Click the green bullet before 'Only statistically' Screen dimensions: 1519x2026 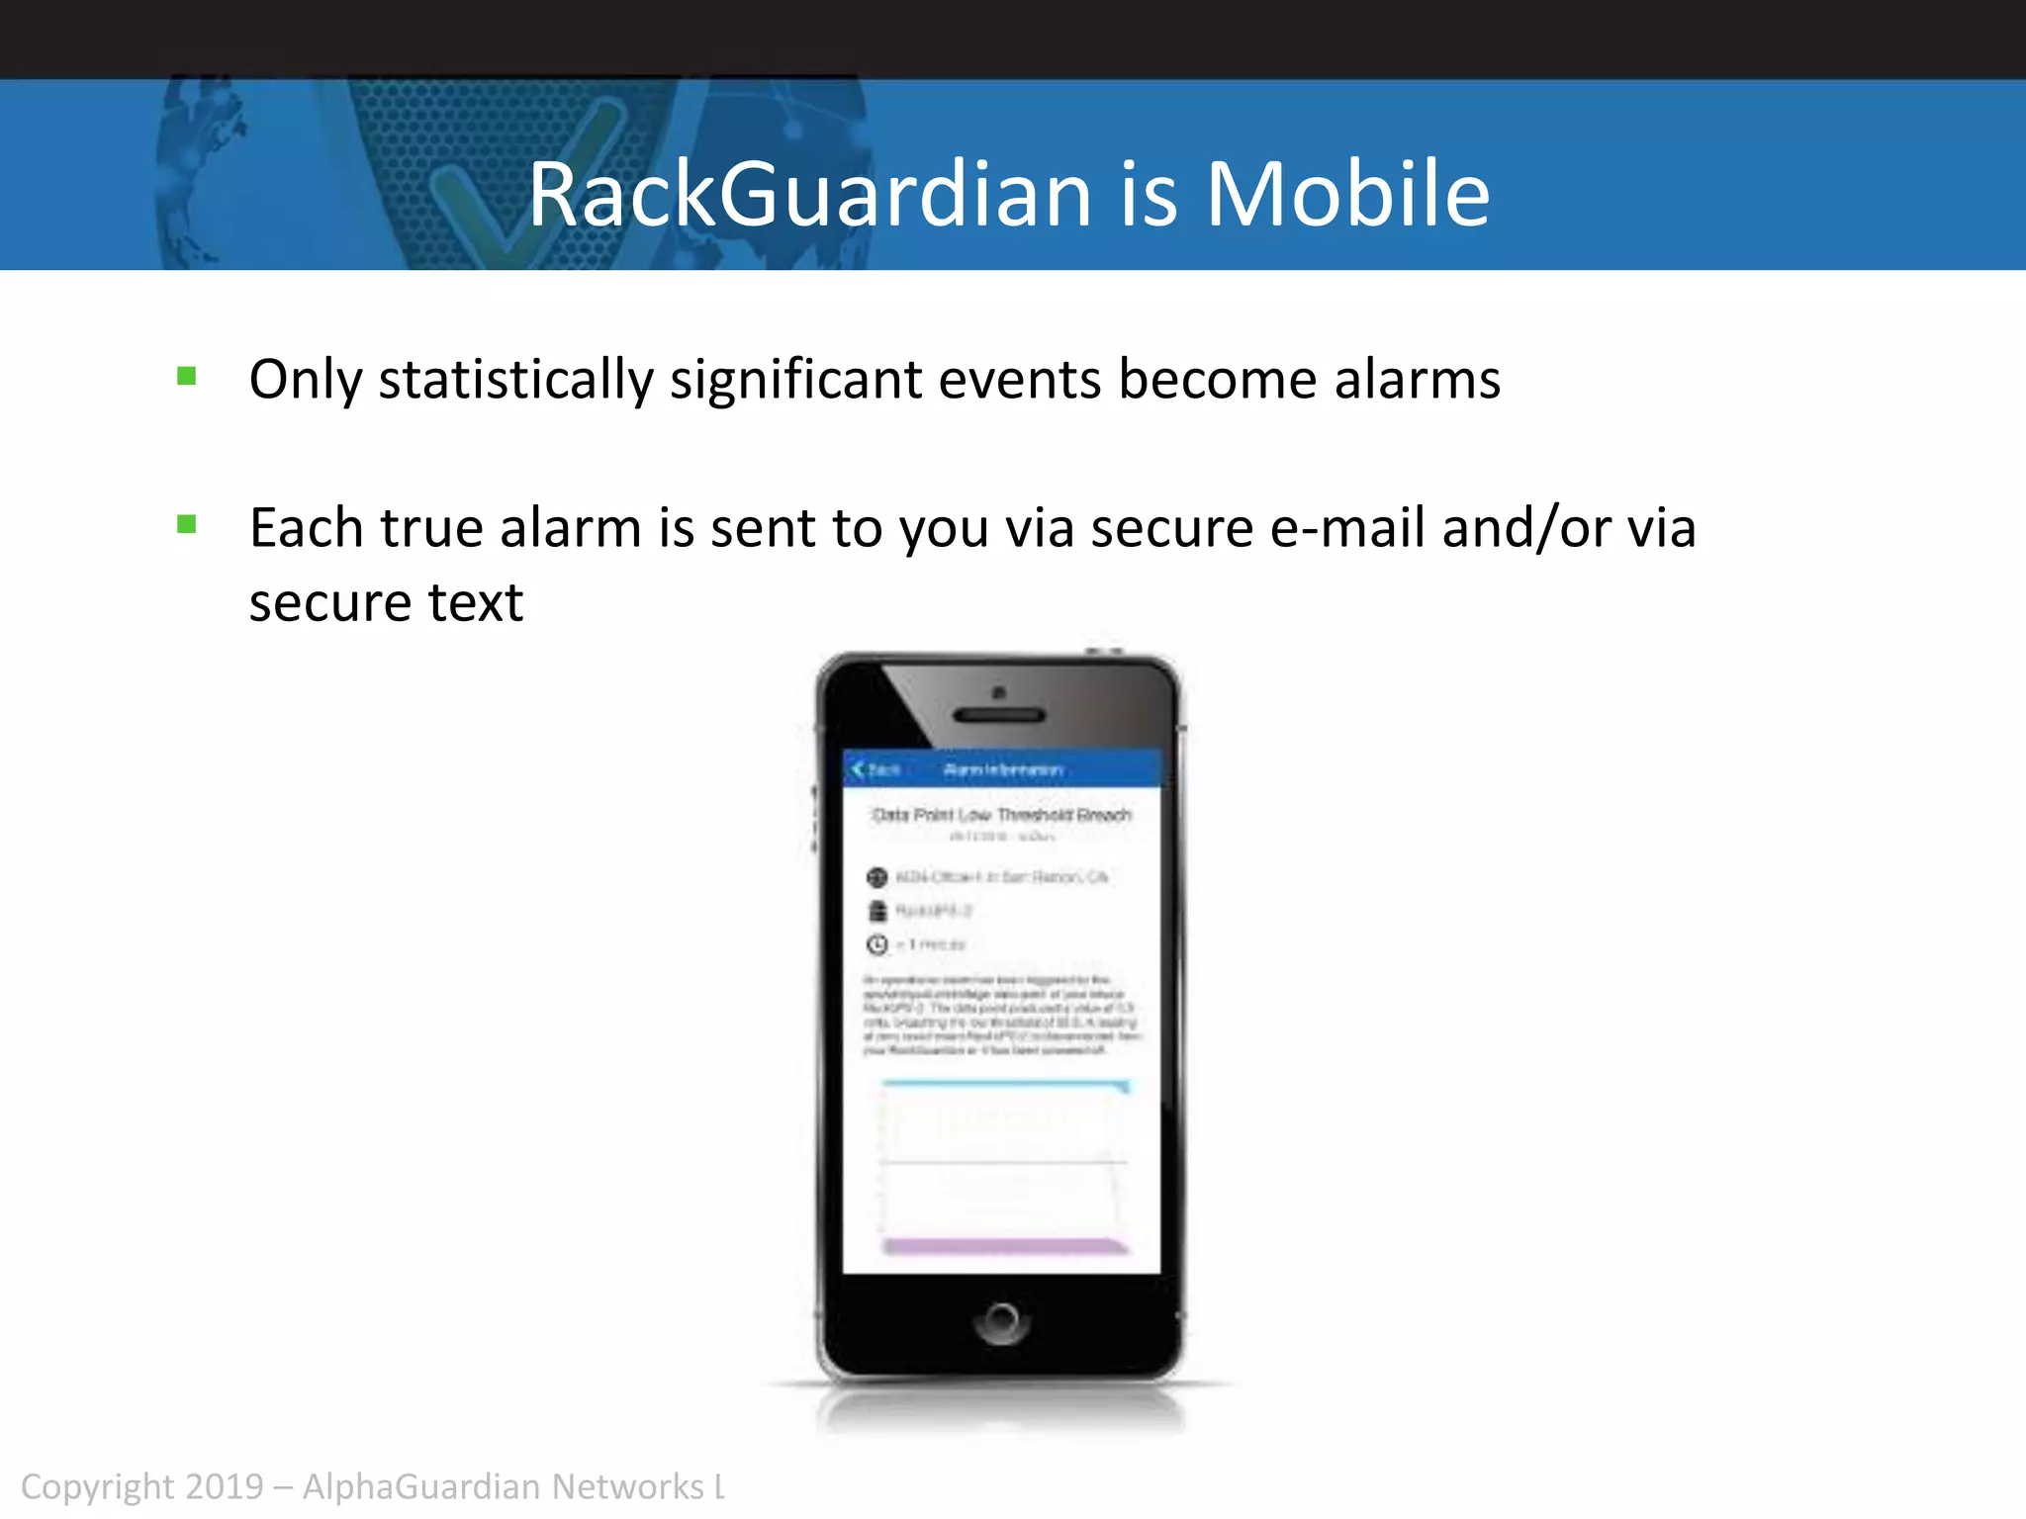point(186,376)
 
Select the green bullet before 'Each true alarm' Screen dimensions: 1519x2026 point(186,524)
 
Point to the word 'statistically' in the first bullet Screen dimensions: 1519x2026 point(515,380)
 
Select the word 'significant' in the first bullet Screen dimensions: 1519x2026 point(795,380)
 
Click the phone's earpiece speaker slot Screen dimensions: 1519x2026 point(998,715)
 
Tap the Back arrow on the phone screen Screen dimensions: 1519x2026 point(859,768)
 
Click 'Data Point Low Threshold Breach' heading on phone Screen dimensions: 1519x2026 point(1001,815)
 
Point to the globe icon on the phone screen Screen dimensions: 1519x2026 point(876,877)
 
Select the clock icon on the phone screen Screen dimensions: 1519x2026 point(876,944)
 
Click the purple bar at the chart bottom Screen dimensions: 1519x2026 point(1003,1246)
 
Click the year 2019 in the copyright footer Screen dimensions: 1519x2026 point(225,1487)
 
